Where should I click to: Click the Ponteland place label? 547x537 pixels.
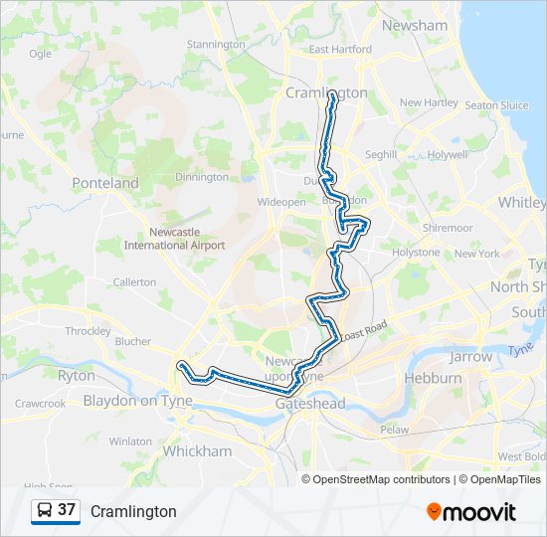105,183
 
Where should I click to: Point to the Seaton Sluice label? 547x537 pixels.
496,105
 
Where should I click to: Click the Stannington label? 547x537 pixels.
216,45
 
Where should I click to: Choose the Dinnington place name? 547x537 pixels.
202,177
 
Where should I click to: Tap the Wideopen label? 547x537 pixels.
281,202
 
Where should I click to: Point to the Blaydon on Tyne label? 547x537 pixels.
137,401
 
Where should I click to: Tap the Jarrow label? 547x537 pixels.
470,356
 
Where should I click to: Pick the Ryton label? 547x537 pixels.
77,376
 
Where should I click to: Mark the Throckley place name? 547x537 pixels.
89,331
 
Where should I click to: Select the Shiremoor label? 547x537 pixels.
447,228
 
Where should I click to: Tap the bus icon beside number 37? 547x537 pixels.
45,510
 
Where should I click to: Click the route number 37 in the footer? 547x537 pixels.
67,510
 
